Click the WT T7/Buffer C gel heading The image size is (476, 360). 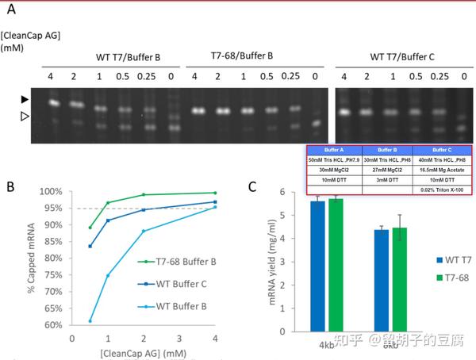coord(404,56)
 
